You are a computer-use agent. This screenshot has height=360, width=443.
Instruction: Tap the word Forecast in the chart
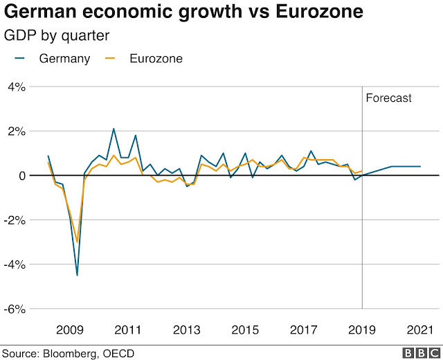pyautogui.click(x=388, y=98)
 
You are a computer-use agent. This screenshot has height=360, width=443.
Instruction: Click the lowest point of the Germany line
pyautogui.click(x=77, y=275)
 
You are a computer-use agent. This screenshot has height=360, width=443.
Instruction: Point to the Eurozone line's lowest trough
pyautogui.click(x=77, y=242)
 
